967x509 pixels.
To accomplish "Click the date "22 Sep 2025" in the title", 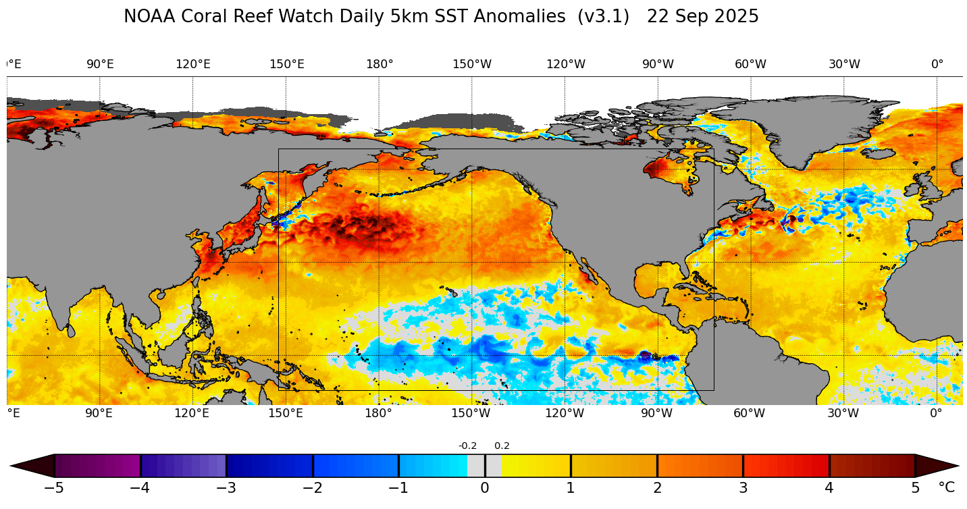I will tap(702, 17).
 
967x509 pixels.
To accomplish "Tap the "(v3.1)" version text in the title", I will tap(605, 17).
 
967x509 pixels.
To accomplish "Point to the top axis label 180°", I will tap(380, 64).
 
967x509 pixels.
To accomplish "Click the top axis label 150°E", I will tap(286, 64).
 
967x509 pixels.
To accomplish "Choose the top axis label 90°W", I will tap(658, 64).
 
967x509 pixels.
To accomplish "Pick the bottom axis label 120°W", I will tap(565, 413).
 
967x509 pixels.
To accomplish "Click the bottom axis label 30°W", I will tap(844, 413).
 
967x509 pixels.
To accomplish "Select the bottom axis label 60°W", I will tap(750, 413).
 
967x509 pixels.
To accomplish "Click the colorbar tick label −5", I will tap(53, 488).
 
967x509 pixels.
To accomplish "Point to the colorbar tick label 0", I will tap(485, 488).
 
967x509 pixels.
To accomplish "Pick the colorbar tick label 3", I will tap(743, 488).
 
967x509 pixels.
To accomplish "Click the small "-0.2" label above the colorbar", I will tap(467, 446).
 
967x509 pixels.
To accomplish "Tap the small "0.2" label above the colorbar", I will tap(502, 446).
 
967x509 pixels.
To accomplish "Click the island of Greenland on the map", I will tap(804, 128).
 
